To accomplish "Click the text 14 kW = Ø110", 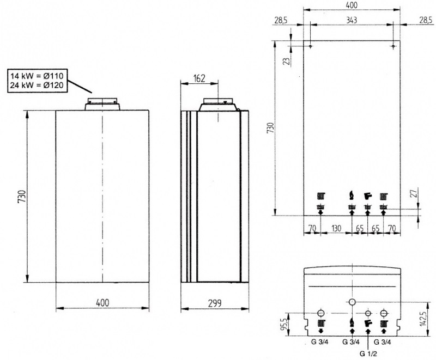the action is [37, 76].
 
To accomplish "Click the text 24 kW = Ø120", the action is [37, 85].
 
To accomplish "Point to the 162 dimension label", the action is [199, 78].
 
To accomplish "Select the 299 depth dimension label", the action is [215, 303].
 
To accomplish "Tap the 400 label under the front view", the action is [102, 303].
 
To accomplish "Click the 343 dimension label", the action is [352, 20].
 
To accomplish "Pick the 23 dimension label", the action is [287, 61].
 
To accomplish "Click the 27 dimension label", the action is [414, 193].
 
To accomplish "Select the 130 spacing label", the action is [336, 228].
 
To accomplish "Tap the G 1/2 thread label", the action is [368, 354].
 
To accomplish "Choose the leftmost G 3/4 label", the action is [319, 342].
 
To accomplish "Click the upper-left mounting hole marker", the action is [311, 46].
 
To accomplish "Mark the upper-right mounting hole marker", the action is [393, 46].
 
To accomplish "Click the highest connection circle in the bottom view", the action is [352, 302].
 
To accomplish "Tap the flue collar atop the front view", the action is [102, 104].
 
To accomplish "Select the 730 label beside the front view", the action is [22, 197].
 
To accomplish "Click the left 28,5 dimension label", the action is [281, 20].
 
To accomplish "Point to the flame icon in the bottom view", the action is [352, 324].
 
